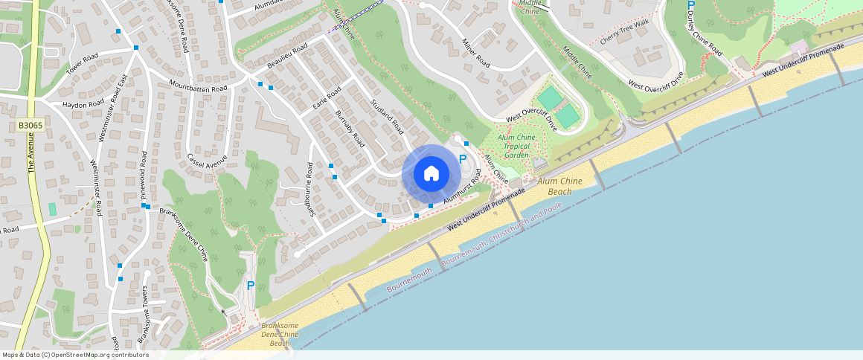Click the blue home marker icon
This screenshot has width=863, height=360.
pyautogui.click(x=431, y=174)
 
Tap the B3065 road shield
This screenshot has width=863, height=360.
pyautogui.click(x=31, y=126)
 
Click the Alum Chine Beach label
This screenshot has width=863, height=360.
pyautogui.click(x=554, y=186)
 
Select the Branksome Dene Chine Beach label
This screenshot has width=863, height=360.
pyautogui.click(x=280, y=335)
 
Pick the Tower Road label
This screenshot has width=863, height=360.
pyautogui.click(x=82, y=65)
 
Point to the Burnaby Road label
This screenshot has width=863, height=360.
pyautogui.click(x=350, y=129)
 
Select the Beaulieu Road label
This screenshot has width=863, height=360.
pyautogui.click(x=287, y=57)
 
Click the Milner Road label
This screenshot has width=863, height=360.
pyautogui.click(x=476, y=52)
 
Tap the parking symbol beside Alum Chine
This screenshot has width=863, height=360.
pyautogui.click(x=463, y=159)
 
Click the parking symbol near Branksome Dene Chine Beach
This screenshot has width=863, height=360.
pyautogui.click(x=251, y=286)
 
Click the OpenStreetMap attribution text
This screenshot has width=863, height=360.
pyautogui.click(x=76, y=355)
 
